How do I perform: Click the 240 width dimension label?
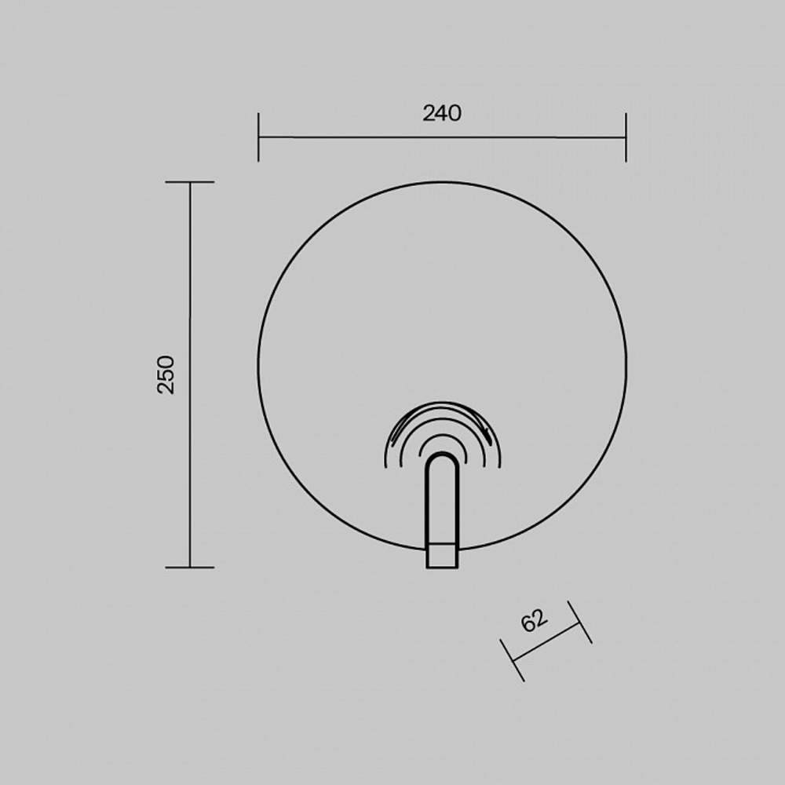(x=442, y=113)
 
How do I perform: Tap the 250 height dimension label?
(x=166, y=374)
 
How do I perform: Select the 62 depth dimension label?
(x=535, y=620)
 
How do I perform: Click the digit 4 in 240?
(x=442, y=113)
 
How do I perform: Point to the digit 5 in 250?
(x=166, y=374)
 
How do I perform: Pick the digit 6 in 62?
(x=528, y=624)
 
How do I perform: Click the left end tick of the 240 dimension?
(x=258, y=137)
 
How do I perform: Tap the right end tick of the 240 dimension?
(x=626, y=137)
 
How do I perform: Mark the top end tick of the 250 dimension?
(x=190, y=182)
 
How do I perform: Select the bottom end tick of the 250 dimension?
(x=190, y=568)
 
